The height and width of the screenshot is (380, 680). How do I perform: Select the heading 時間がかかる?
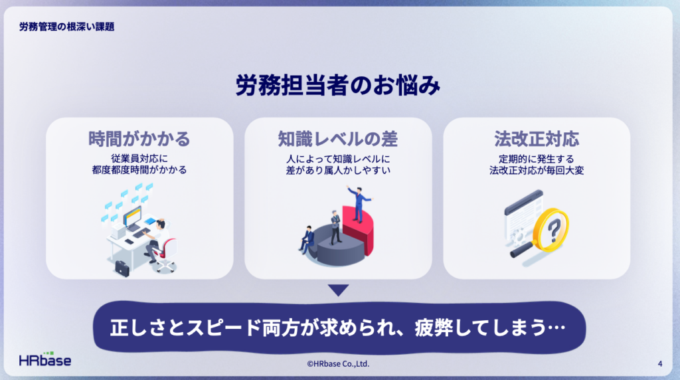139,139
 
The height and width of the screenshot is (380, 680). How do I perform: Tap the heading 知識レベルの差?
338,139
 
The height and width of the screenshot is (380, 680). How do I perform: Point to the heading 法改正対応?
537,139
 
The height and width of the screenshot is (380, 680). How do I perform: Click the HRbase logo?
45,359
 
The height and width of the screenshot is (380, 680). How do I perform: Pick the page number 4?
659,363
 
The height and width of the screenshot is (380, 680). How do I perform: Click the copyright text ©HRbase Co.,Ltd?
338,364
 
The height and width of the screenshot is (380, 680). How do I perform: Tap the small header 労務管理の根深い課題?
67,27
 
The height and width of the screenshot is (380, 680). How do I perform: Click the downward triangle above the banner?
338,290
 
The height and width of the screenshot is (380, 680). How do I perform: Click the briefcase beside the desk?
122,268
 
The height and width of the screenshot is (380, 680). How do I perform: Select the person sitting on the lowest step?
307,239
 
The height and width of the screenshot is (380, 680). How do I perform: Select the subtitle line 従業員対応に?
139,159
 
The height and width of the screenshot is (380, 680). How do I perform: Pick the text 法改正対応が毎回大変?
537,170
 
